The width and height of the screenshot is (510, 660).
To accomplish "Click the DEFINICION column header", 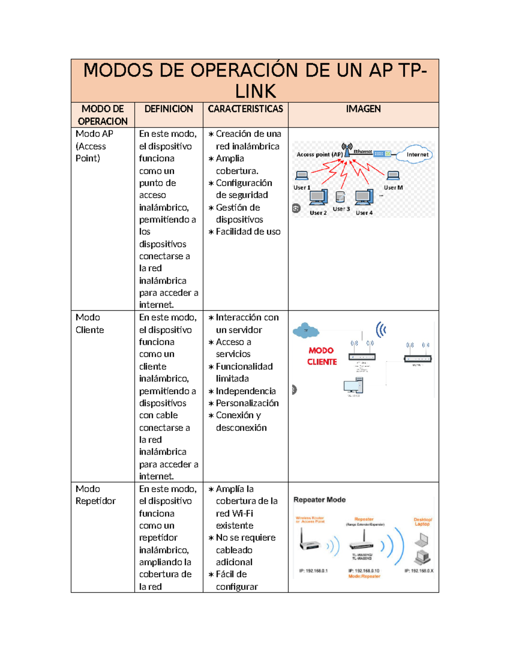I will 168,109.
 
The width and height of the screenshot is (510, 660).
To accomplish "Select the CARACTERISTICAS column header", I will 245,109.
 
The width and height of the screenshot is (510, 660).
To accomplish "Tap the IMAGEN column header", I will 363,109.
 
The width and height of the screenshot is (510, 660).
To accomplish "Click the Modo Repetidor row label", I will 95,495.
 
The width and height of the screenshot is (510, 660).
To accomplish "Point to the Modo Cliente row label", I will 90,323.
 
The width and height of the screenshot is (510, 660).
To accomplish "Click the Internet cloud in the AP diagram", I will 415,155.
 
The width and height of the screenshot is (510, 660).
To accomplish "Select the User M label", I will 393,187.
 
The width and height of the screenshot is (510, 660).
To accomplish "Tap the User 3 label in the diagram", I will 341,209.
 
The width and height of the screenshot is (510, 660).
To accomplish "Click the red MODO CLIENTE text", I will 322,356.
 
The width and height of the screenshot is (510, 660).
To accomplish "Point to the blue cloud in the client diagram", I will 306,330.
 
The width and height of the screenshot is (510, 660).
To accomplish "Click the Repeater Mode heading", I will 319,500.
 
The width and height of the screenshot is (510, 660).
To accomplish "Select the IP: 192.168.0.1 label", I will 313,571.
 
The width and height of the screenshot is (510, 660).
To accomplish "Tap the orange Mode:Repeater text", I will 364,576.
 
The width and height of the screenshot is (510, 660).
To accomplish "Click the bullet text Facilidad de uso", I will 248,232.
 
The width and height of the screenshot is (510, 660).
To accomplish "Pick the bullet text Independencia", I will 246,391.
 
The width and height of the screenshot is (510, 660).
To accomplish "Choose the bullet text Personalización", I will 247,403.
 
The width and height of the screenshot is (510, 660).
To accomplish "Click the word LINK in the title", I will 255,91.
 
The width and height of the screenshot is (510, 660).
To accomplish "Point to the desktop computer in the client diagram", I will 353,386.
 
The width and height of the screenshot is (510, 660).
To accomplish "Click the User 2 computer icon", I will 318,198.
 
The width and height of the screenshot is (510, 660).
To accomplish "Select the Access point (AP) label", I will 319,155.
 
